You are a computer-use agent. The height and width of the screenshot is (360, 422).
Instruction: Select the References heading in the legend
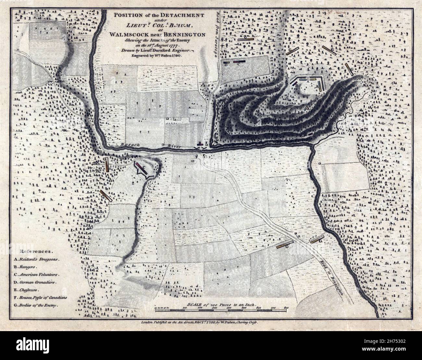(36, 251)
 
